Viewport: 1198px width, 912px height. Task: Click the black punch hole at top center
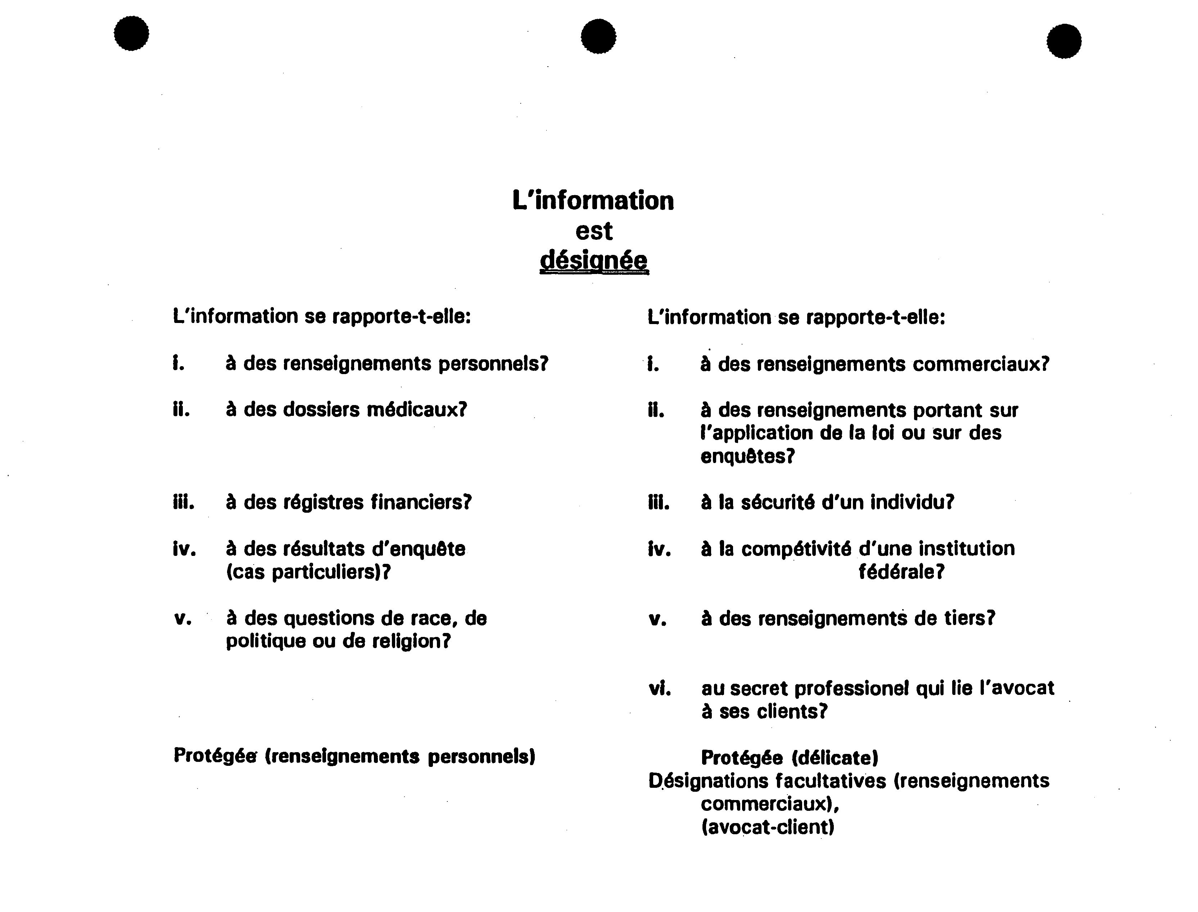pyautogui.click(x=598, y=36)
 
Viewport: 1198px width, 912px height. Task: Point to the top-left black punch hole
pyautogui.click(x=131, y=33)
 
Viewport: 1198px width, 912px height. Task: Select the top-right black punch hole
pyautogui.click(x=1064, y=41)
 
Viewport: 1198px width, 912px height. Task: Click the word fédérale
pyautogui.click(x=901, y=572)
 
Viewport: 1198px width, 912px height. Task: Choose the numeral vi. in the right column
pyautogui.click(x=660, y=689)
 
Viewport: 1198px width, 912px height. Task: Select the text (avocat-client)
pyautogui.click(x=767, y=827)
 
